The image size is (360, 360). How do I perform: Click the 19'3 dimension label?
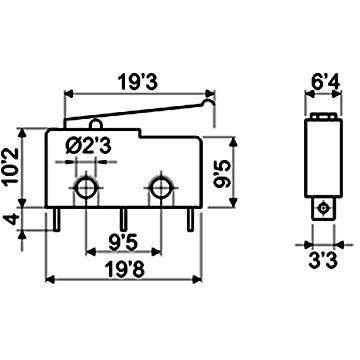pyautogui.click(x=139, y=82)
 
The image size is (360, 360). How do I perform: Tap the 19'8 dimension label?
pyautogui.click(x=124, y=269)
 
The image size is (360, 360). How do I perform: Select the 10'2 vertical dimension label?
pyautogui.click(x=11, y=167)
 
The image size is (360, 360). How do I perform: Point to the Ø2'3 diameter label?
pyautogui.click(x=88, y=146)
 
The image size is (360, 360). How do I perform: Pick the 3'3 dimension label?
pyautogui.click(x=323, y=261)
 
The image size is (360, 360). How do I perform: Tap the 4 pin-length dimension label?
pyautogui.click(x=12, y=220)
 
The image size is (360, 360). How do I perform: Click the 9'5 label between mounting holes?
pyautogui.click(x=123, y=242)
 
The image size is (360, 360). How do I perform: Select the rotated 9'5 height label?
pyautogui.click(x=221, y=174)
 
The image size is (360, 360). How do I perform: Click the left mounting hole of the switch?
pyautogui.click(x=86, y=188)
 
